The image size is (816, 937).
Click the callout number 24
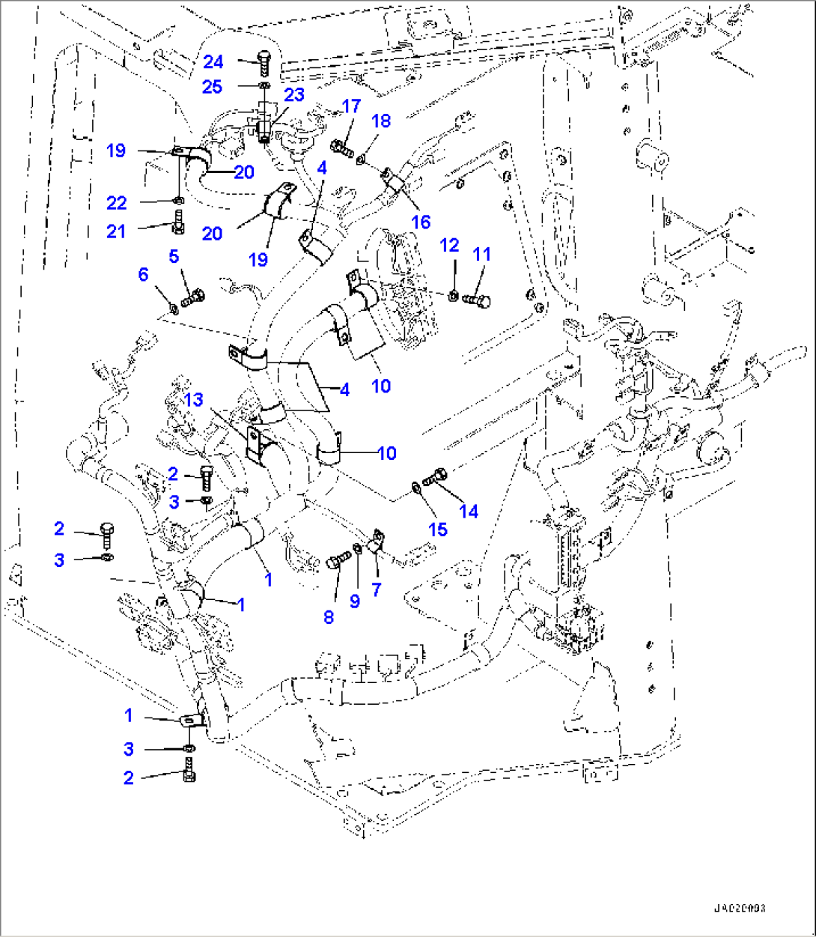click(213, 61)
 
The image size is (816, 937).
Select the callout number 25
click(213, 87)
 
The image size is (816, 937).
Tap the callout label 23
click(294, 95)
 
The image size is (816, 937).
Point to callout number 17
click(351, 107)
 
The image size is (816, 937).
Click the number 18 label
click(381, 121)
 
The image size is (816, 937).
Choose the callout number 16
click(421, 222)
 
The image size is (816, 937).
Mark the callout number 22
click(116, 203)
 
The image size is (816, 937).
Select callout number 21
click(116, 231)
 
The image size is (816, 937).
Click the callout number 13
click(193, 401)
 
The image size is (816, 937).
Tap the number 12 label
click(449, 246)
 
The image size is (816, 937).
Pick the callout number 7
click(376, 590)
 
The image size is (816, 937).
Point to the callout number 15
click(437, 530)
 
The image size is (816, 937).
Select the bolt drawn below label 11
click(476, 300)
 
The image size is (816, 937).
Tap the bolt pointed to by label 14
click(436, 475)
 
